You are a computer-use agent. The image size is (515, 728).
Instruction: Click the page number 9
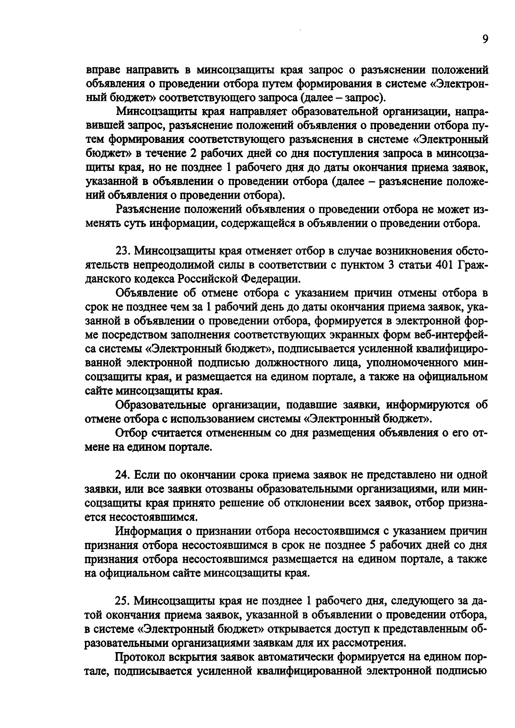(x=485, y=39)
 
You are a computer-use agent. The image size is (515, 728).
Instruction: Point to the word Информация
(x=148, y=531)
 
